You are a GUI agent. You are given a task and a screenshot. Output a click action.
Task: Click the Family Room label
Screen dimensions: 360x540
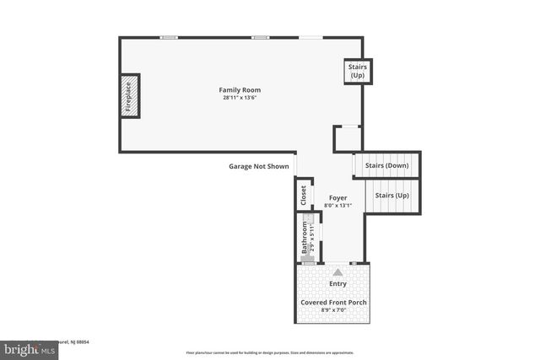coord(240,89)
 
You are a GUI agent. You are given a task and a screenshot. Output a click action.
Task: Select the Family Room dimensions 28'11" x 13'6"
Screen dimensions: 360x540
coord(240,97)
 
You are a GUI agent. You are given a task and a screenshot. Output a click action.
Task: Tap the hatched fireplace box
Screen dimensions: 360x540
coord(129,95)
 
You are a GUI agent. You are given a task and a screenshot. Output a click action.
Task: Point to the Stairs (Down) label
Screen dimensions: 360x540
coord(386,165)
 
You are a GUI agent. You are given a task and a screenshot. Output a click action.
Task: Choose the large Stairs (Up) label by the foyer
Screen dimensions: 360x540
coord(391,196)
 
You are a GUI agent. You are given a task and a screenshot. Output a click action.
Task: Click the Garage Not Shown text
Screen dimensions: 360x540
coord(259,166)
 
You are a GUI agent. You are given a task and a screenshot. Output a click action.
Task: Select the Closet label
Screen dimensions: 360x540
coord(304,195)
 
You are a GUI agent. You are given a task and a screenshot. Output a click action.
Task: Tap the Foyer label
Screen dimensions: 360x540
coord(337,198)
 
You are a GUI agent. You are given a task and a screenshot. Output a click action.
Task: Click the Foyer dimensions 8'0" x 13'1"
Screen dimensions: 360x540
coord(337,206)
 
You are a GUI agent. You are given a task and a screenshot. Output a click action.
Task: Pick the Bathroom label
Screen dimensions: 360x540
coord(305,239)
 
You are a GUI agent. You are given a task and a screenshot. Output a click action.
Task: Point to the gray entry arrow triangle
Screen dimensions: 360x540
coord(337,271)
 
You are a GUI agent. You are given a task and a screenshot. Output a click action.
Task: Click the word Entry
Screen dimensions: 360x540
coord(337,284)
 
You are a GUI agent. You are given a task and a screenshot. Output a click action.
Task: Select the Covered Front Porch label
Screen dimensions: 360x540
coord(334,302)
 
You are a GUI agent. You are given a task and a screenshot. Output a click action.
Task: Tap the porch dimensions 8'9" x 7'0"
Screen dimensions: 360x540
coord(334,310)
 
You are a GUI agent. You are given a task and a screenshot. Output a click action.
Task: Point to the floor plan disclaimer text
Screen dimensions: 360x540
coord(270,352)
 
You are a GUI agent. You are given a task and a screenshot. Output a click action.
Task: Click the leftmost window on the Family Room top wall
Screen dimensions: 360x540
coord(170,37)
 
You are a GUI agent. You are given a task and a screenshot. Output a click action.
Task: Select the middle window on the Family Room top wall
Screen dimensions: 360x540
coord(261,37)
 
